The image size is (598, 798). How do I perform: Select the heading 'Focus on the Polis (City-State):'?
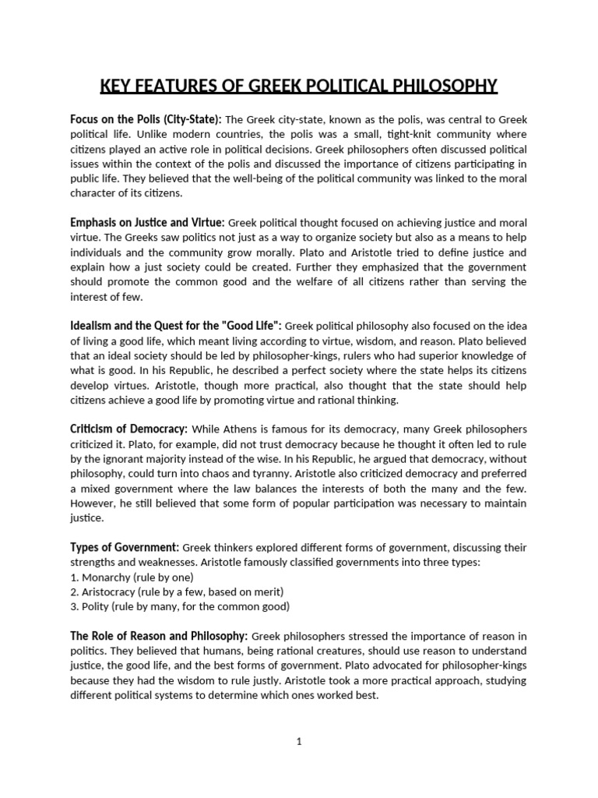pos(146,119)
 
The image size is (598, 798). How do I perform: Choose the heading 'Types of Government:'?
pos(125,546)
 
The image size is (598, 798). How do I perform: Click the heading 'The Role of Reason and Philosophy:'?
pos(159,635)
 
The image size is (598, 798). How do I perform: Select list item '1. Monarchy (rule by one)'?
pos(132,577)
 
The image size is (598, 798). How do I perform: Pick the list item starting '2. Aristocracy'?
pos(177,591)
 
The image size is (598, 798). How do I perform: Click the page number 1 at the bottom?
pos(298,742)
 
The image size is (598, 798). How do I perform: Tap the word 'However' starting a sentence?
pos(93,503)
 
